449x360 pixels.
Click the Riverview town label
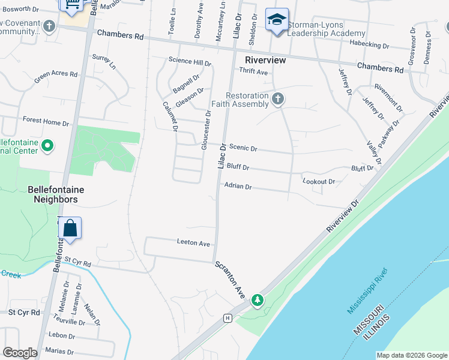pyautogui.click(x=265, y=60)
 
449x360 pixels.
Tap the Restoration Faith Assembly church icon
pyautogui.click(x=277, y=99)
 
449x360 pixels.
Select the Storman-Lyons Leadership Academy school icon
pyautogui.click(x=277, y=20)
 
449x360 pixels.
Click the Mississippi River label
pyautogui.click(x=368, y=292)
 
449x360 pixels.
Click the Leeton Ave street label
pyautogui.click(x=193, y=244)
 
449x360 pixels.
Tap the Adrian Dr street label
pyautogui.click(x=237, y=187)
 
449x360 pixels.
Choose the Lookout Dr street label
pyautogui.click(x=319, y=181)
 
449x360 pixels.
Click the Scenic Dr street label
pyautogui.click(x=243, y=148)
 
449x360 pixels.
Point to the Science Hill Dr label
pyautogui.click(x=190, y=61)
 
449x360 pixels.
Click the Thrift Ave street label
pyautogui.click(x=253, y=71)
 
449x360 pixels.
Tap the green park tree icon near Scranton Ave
pyautogui.click(x=258, y=299)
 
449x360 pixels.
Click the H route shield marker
pyautogui.click(x=228, y=317)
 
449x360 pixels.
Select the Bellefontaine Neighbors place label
pyautogui.click(x=53, y=194)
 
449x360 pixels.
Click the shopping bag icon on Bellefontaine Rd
pyautogui.click(x=70, y=228)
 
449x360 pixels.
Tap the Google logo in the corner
pyautogui.click(x=20, y=353)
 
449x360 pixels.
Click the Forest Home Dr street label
pyautogui.click(x=46, y=122)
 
